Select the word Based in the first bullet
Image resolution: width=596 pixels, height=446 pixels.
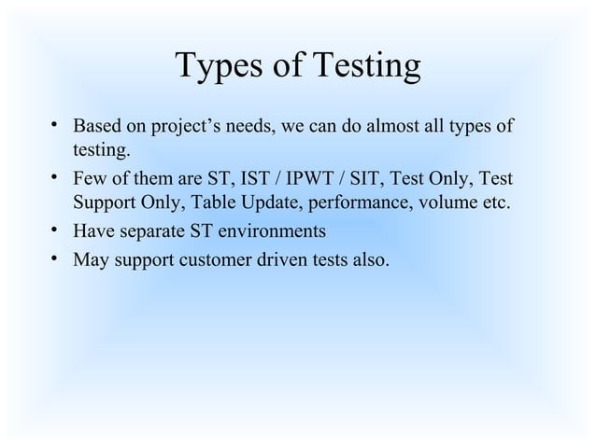point(96,125)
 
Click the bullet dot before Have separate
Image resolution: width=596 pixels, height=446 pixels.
point(55,230)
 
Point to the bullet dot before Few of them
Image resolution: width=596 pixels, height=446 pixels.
point(55,177)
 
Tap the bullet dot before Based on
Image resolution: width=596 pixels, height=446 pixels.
point(55,125)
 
